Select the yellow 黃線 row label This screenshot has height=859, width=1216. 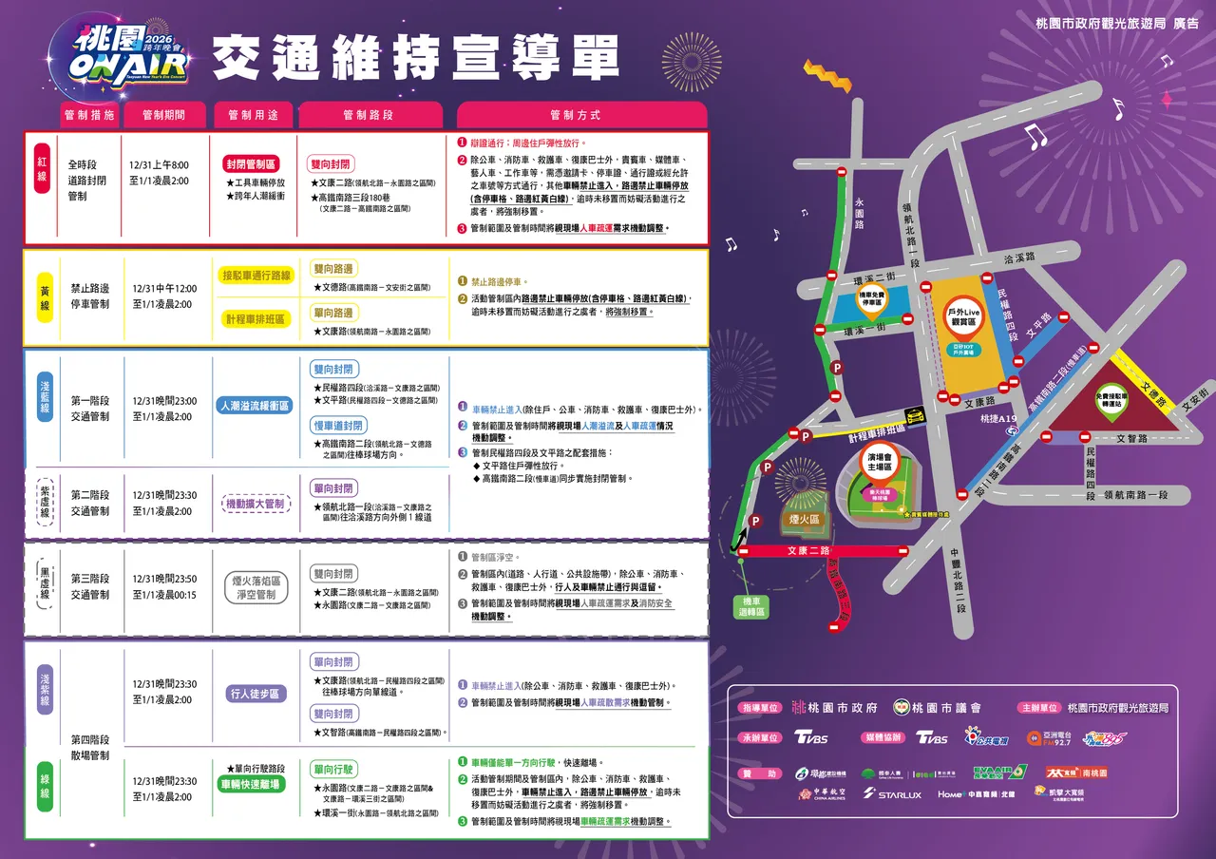(x=44, y=297)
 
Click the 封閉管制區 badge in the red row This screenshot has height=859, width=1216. (x=251, y=163)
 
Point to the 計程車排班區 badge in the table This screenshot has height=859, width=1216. (x=255, y=319)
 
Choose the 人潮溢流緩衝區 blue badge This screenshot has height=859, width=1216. (x=255, y=404)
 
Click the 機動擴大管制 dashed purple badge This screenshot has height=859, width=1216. (x=255, y=504)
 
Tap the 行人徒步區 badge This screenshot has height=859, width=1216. (x=255, y=694)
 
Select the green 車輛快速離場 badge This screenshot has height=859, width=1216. (x=255, y=784)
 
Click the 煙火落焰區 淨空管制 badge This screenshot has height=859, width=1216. (x=255, y=587)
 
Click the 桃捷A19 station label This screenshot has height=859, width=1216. (x=998, y=419)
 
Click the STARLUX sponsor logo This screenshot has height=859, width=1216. (x=892, y=794)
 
